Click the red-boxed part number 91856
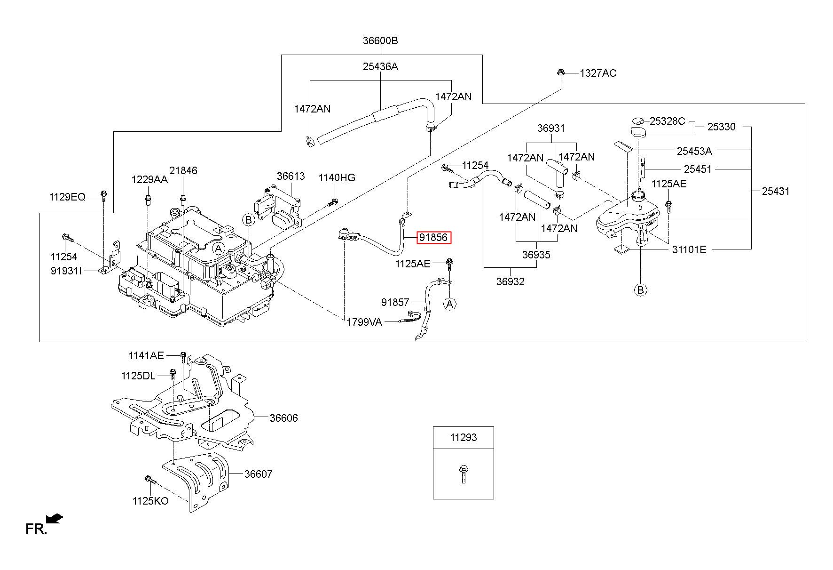click(433, 238)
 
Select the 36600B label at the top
click(380, 41)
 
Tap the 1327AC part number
click(598, 73)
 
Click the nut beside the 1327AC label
click(560, 72)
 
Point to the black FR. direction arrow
click(55, 519)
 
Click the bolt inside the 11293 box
click(464, 474)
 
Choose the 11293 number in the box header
click(464, 437)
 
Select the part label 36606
click(283, 418)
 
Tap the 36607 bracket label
click(258, 474)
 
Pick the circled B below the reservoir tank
click(640, 289)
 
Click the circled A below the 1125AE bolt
click(450, 304)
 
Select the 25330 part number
click(722, 127)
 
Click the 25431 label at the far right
click(776, 191)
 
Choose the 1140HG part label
click(337, 177)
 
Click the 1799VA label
click(364, 322)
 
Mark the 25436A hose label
click(380, 66)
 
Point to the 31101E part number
click(689, 249)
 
